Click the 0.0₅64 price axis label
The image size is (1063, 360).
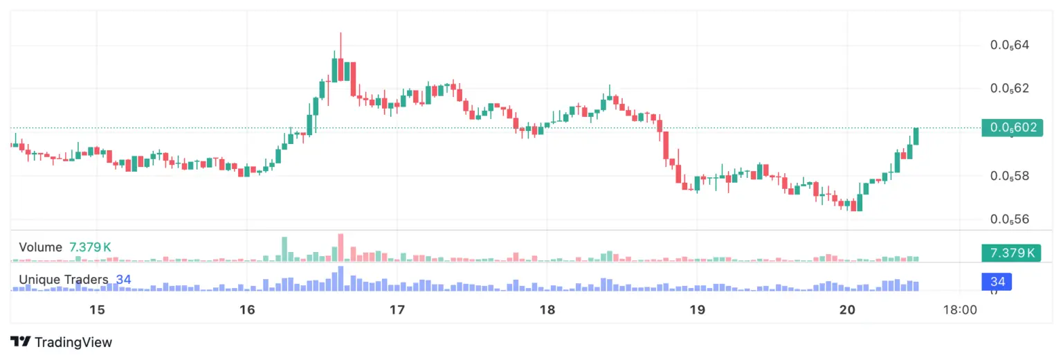coord(1010,46)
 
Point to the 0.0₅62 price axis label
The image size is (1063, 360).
coord(1010,89)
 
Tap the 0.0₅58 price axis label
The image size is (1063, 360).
coord(1010,177)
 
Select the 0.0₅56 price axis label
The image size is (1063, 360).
coord(1010,219)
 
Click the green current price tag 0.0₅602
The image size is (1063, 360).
coord(1012,127)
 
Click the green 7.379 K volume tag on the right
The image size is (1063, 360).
coord(1012,253)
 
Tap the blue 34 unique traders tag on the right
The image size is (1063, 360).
coord(997,281)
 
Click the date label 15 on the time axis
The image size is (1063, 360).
coord(97,309)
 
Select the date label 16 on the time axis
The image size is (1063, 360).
coord(247,309)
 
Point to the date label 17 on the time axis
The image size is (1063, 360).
coord(397,309)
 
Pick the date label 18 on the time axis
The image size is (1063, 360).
coord(547,309)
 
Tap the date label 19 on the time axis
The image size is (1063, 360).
coord(697,309)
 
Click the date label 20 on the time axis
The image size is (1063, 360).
coord(847,309)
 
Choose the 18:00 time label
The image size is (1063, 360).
coord(961,309)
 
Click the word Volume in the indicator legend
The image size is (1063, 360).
coord(41,247)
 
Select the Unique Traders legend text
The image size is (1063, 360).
coord(64,280)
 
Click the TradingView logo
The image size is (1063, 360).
coord(61,342)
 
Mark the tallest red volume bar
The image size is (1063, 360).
coord(340,248)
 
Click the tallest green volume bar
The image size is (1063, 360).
coord(284,249)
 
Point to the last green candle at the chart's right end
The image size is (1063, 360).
coord(916,136)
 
